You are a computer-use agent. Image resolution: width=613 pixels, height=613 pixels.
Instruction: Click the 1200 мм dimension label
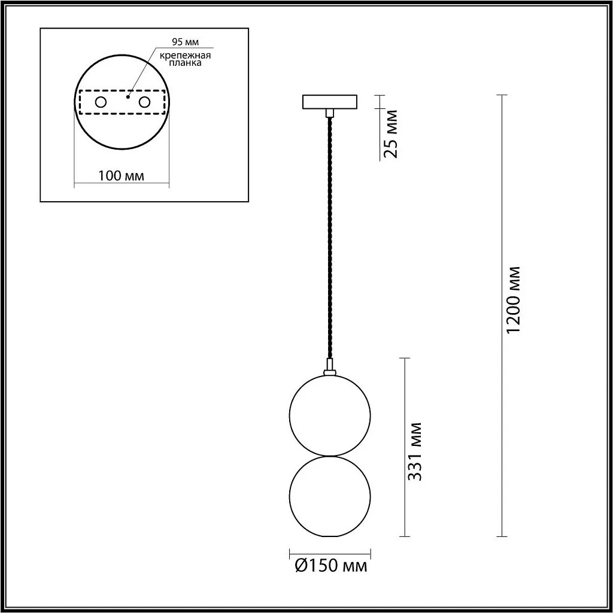(x=513, y=299)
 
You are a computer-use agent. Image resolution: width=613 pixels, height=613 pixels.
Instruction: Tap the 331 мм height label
(x=415, y=451)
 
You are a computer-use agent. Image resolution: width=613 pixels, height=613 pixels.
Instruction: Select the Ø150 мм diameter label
(x=331, y=565)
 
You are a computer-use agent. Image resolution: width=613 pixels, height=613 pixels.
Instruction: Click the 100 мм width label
(x=121, y=175)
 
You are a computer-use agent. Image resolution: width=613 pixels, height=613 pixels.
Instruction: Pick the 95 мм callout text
(x=184, y=41)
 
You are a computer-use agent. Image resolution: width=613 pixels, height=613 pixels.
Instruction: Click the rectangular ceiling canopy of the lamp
(x=329, y=102)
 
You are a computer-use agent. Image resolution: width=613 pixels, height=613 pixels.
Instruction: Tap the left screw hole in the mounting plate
(x=101, y=102)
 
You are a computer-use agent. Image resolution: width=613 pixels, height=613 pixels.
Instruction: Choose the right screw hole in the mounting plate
(x=144, y=102)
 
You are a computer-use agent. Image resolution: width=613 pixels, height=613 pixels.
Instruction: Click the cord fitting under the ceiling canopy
(x=329, y=113)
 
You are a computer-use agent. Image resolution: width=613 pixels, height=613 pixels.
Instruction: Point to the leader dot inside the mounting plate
(x=128, y=94)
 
